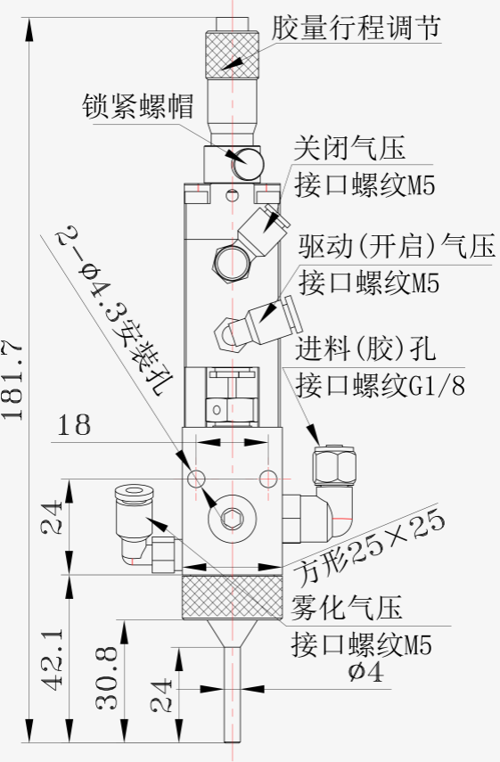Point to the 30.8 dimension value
108,678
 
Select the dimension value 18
74,426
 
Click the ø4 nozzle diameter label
366,672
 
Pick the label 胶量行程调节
357,28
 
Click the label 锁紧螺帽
138,106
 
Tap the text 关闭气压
349,149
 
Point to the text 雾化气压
347,608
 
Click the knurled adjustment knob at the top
232,54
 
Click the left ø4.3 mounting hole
197,479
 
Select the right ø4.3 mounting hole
267,479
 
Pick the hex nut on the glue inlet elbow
333,466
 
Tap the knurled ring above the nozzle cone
233,598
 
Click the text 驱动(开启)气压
397,247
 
